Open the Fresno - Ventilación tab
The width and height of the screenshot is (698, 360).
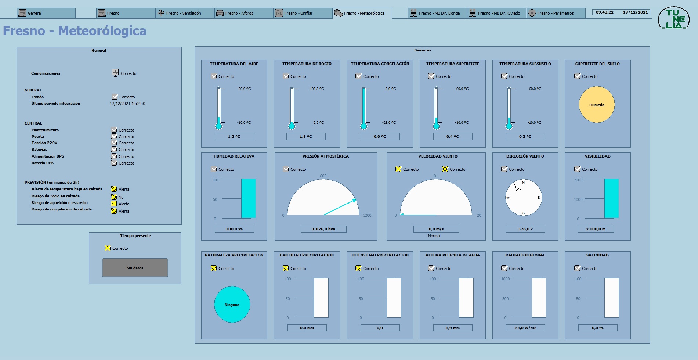click(x=185, y=13)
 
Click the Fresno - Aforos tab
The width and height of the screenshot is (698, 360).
click(x=244, y=13)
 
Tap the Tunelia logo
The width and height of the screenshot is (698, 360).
click(x=674, y=18)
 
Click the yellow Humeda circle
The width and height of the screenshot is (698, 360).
click(x=597, y=105)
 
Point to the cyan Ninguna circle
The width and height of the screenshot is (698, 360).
click(x=232, y=305)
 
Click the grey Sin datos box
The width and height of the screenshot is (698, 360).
click(x=135, y=268)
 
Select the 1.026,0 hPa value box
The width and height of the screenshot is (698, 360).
click(x=323, y=229)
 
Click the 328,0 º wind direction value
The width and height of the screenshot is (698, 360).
click(x=525, y=229)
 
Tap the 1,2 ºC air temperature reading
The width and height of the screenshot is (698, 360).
click(x=234, y=137)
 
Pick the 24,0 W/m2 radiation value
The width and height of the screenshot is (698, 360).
click(x=525, y=328)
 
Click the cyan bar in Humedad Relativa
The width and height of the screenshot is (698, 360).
click(x=249, y=199)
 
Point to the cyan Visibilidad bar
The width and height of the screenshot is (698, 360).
click(x=612, y=199)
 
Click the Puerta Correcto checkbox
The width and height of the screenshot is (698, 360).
click(x=114, y=136)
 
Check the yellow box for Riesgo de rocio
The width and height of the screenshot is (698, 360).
click(x=114, y=197)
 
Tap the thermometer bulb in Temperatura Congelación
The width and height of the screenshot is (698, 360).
click(x=364, y=126)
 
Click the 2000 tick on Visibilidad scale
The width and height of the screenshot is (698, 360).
click(x=578, y=180)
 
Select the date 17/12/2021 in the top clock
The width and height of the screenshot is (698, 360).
click(x=636, y=12)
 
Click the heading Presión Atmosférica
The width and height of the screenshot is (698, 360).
click(x=326, y=156)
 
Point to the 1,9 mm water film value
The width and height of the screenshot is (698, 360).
click(x=453, y=328)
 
